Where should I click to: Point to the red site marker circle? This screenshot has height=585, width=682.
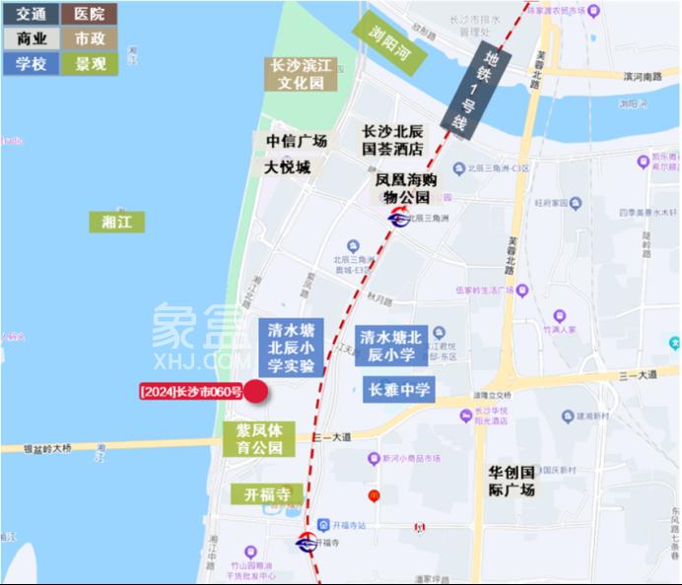pos(256,392)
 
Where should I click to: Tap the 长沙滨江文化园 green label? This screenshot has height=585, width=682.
pos(303,75)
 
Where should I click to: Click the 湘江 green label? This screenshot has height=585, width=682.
pos(116,222)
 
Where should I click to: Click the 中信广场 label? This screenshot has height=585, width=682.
pos(297,141)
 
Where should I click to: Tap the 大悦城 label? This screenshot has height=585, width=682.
pos(287,167)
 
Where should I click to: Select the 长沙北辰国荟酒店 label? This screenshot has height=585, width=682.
pos(392,140)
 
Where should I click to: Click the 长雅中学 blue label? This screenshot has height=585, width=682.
pos(399,390)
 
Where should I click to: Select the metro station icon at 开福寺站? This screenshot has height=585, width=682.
pos(307,542)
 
